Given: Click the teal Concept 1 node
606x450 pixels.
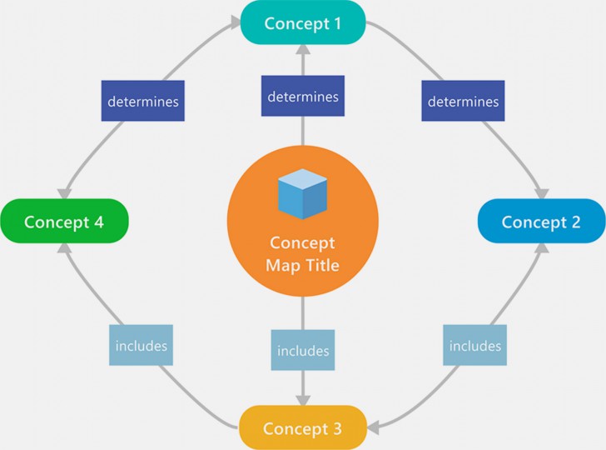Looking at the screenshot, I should (x=303, y=22).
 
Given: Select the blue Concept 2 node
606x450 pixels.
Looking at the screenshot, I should (x=541, y=222).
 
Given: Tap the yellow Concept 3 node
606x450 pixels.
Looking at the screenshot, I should (x=303, y=428).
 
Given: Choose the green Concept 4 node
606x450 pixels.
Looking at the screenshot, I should (x=64, y=222).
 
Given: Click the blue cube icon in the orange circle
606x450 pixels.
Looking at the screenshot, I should (x=302, y=192).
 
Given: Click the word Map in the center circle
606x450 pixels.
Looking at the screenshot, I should (x=282, y=265).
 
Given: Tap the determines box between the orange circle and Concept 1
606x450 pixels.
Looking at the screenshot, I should (x=303, y=97).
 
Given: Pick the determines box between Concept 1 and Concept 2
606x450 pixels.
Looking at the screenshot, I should (x=463, y=102).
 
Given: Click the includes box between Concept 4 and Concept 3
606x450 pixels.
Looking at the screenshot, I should (x=142, y=345).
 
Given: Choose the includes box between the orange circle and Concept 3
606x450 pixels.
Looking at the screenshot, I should (x=303, y=350).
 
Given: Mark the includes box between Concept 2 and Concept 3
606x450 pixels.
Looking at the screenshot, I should (x=475, y=345).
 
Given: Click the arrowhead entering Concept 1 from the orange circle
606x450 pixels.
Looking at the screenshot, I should (x=303, y=52).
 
